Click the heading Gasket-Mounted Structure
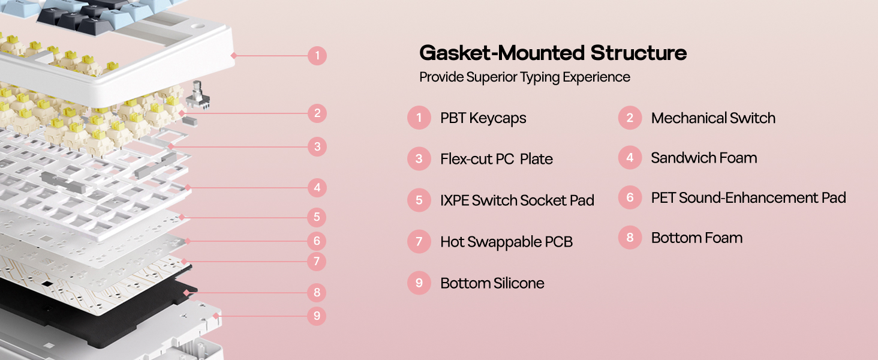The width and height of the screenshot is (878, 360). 553,53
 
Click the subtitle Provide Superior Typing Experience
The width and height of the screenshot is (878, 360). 525,77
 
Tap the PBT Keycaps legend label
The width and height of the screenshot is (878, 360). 483,118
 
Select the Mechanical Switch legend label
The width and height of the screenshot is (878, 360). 713,118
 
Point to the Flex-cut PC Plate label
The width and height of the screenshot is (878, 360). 497,159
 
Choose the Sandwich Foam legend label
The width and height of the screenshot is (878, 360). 704,158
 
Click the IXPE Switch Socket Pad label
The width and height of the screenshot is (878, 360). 517,200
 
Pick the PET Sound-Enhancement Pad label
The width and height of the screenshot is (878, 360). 748,197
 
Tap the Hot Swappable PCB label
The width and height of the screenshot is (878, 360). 506,242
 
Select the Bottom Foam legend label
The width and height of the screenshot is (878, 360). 697,238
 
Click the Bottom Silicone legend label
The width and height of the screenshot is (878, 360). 492,283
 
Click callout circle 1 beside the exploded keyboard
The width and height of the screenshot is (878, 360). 317,56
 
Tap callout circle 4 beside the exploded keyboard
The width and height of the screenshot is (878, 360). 317,188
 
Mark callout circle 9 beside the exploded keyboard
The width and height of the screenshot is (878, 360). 317,316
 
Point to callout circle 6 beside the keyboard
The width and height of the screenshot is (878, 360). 317,241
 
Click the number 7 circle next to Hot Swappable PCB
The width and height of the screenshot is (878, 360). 419,242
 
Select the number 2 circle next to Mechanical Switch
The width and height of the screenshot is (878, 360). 630,118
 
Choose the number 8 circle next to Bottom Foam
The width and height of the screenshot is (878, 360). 630,238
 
